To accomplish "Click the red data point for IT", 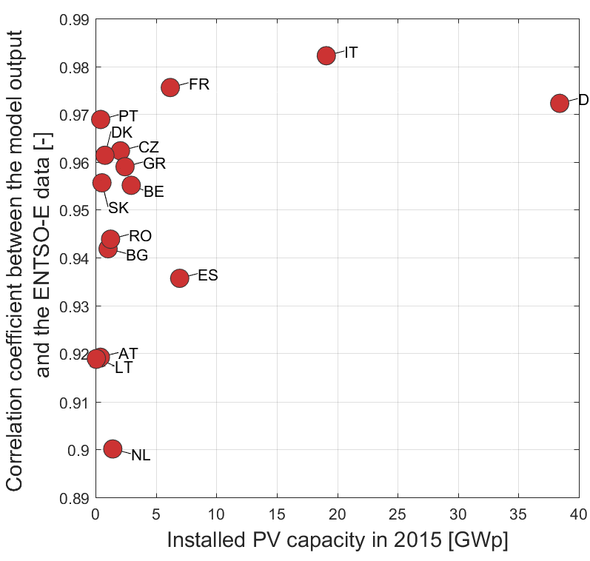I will [x=326, y=56].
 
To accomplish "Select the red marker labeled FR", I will [x=170, y=87].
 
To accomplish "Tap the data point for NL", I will [x=113, y=449].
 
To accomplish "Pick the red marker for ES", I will [x=179, y=278].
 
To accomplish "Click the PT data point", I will [x=101, y=119].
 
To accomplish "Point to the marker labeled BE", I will [x=131, y=185].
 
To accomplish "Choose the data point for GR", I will [x=125, y=166].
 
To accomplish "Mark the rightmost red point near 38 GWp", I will [x=560, y=103].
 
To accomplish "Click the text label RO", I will [x=140, y=237].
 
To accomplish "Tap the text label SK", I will [x=118, y=207].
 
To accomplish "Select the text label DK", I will [x=121, y=132].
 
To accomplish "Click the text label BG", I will [x=137, y=256].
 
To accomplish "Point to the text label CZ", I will [x=149, y=147].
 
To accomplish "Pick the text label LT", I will [x=123, y=368].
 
